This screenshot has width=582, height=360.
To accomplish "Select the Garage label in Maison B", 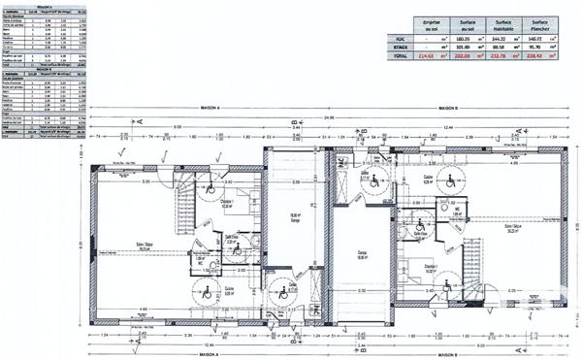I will tap(361, 254).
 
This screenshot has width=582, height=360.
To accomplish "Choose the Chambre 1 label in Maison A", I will tap(225, 201).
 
